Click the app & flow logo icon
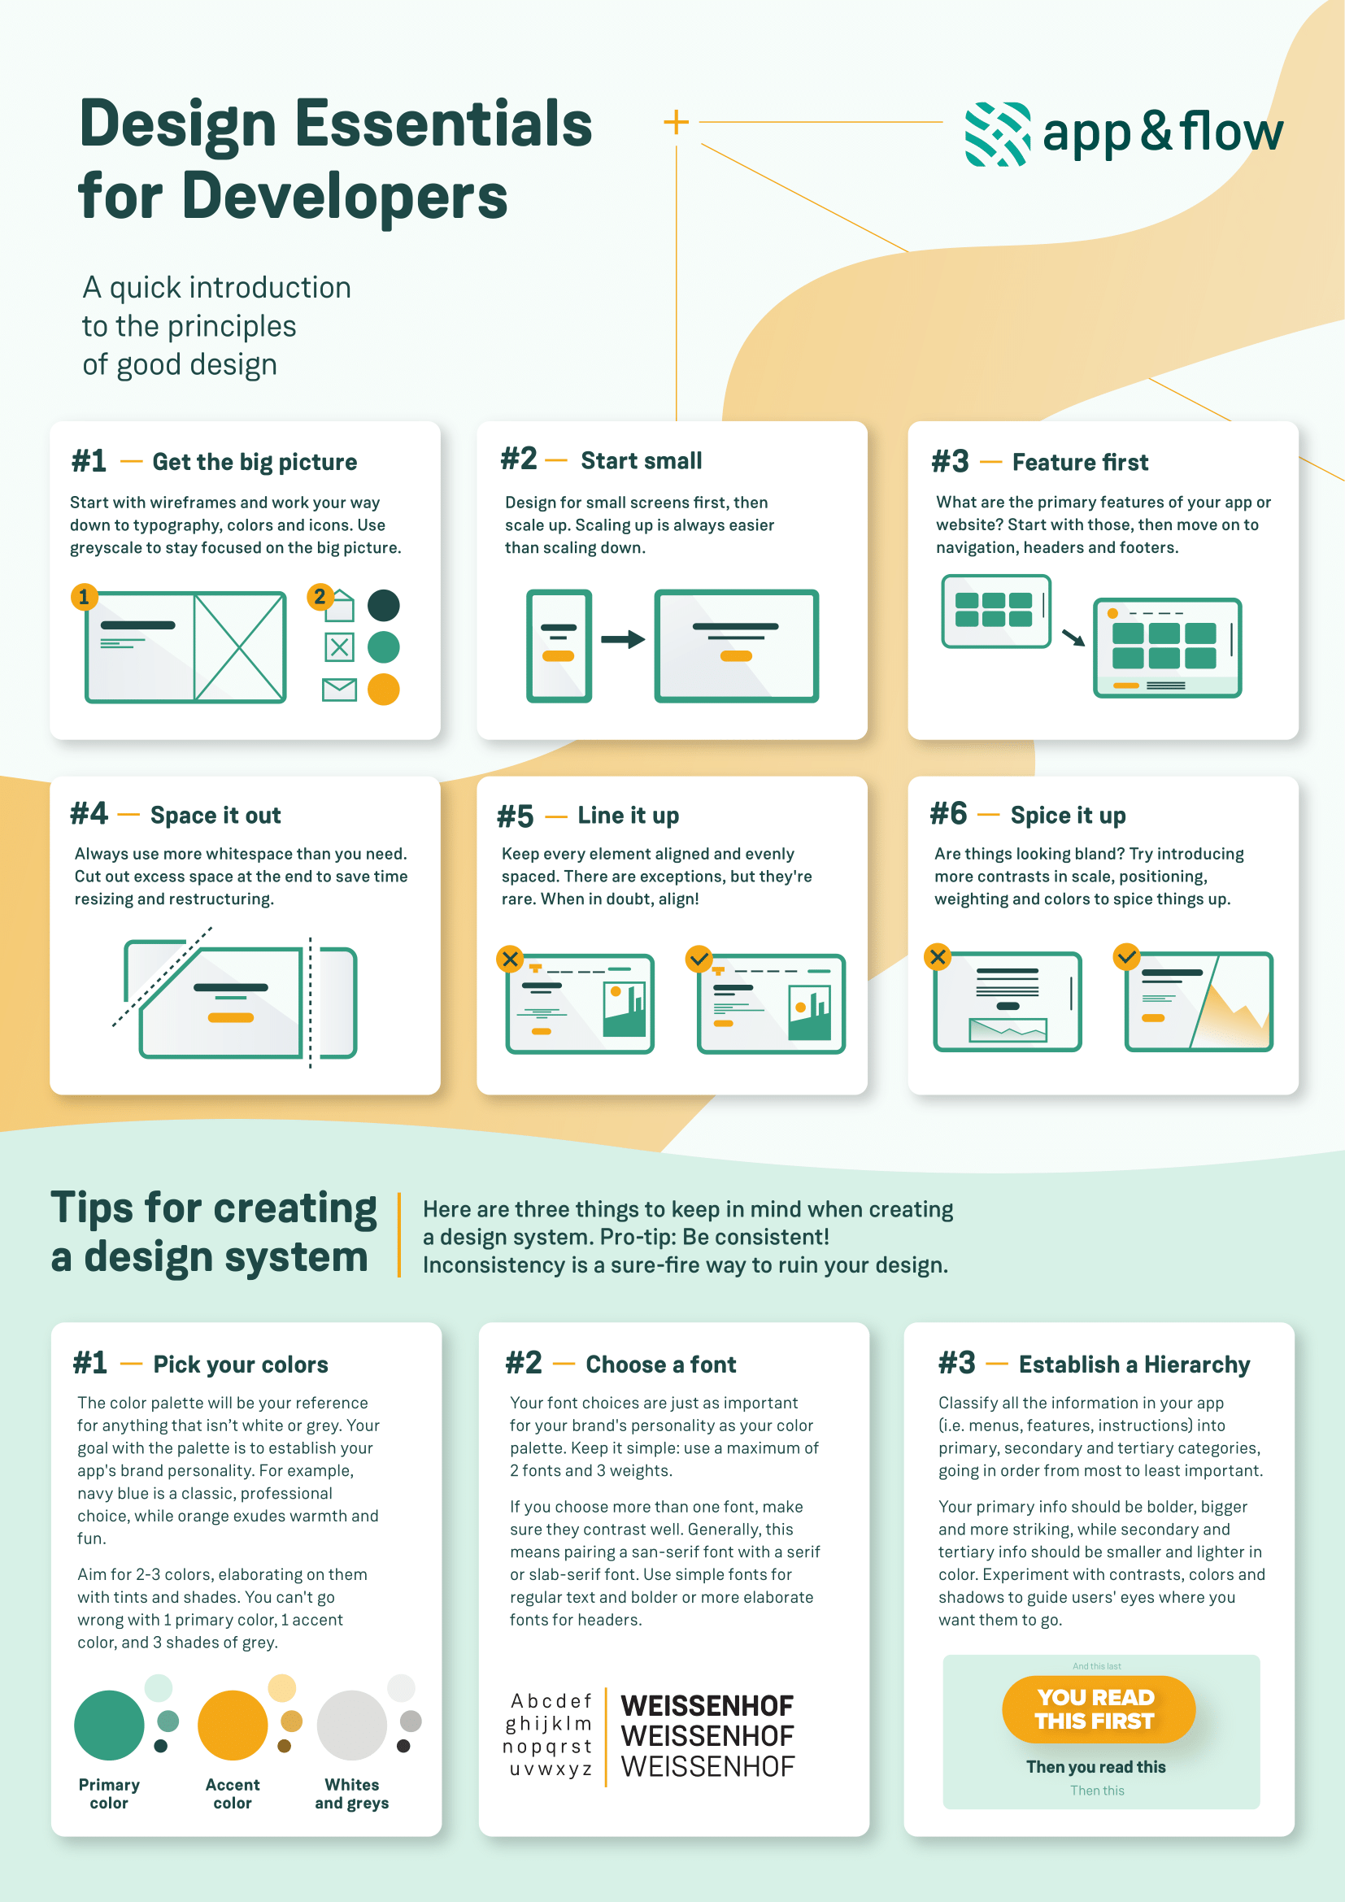pyautogui.click(x=998, y=134)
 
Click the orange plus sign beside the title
pyautogui.click(x=676, y=122)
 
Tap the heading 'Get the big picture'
pyautogui.click(x=255, y=461)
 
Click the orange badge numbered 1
pyautogui.click(x=84, y=596)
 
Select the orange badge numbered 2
pyautogui.click(x=320, y=596)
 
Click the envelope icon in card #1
pyautogui.click(x=340, y=690)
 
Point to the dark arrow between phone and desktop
pyautogui.click(x=623, y=639)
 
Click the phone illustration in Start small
pyautogui.click(x=559, y=646)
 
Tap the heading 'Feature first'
pyautogui.click(x=1080, y=461)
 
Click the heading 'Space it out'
pyautogui.click(x=215, y=815)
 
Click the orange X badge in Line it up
pyautogui.click(x=510, y=960)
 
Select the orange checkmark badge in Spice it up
pyautogui.click(x=1127, y=957)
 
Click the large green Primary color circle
pyautogui.click(x=109, y=1725)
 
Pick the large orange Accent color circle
pyautogui.click(x=233, y=1725)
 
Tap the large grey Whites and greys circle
pyautogui.click(x=352, y=1725)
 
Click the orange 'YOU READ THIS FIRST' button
pyautogui.click(x=1098, y=1709)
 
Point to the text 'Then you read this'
pyautogui.click(x=1095, y=1766)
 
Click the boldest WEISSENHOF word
pyautogui.click(x=707, y=1706)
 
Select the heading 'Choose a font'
pyautogui.click(x=661, y=1364)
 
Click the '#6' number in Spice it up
pyautogui.click(x=948, y=813)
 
